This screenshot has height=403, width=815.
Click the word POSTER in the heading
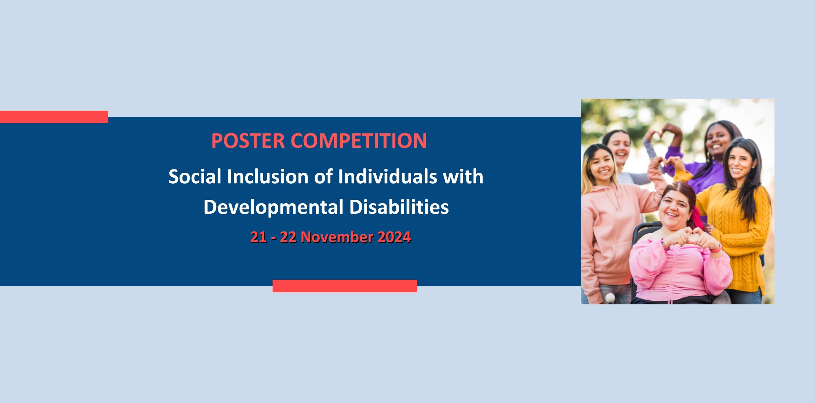pos(248,140)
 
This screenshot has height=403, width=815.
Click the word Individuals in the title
pos(387,177)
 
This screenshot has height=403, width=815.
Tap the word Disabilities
pos(399,207)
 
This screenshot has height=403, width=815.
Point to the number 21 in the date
pos(258,237)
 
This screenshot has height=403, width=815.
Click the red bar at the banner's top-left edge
pos(54,117)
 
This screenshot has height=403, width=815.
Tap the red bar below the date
pos(345,286)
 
